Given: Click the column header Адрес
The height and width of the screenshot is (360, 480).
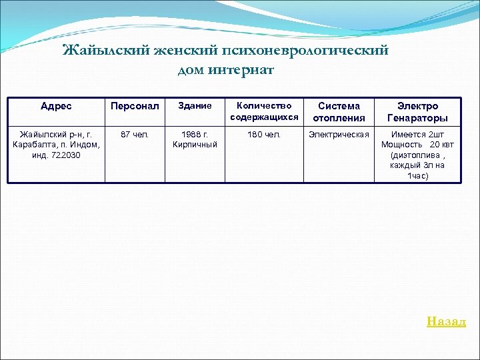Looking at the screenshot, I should pos(56,106).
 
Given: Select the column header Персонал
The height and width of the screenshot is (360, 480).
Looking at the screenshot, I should pos(135,106).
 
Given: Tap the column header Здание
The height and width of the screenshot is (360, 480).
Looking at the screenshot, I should pos(195,106).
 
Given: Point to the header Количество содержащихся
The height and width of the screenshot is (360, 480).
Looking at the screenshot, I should pos(264,111).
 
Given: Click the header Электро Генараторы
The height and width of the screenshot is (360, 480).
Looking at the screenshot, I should pos(418,112).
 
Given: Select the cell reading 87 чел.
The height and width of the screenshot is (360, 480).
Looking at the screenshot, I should pos(135,135).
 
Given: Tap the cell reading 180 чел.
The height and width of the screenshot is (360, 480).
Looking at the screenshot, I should pos(264,135).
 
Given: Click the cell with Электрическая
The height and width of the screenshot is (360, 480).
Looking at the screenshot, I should pos(339,135).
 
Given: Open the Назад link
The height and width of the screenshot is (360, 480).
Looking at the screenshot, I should pos(446,321).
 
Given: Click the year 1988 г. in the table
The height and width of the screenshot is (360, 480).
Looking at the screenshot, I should pos(195,135).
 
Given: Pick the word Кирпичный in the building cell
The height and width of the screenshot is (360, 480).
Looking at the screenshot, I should pos(195,145).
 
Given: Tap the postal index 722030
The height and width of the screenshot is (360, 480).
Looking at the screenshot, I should pos(69,155).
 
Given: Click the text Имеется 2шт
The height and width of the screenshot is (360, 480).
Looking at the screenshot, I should pos(418,135).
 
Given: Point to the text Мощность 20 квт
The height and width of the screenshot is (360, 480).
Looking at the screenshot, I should pos(417,145).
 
